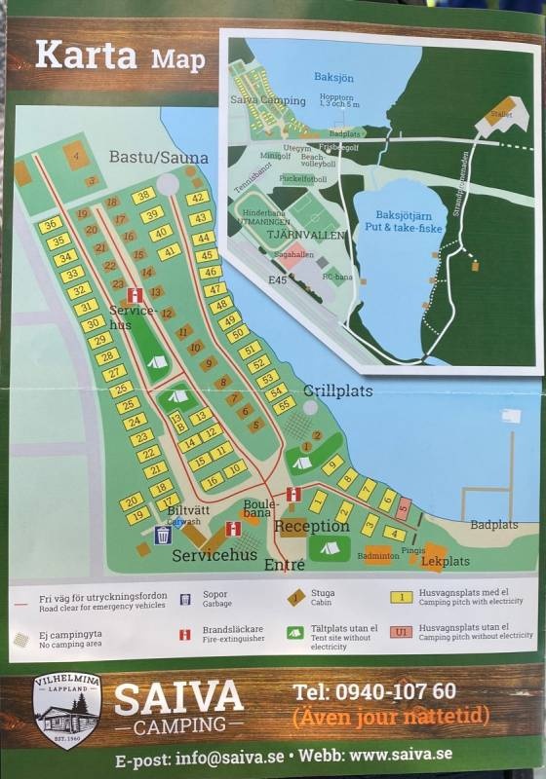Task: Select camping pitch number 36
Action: (51, 224)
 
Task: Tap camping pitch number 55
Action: (284, 404)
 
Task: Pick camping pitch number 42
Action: (198, 199)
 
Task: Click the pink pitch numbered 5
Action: (404, 505)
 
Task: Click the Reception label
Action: (311, 527)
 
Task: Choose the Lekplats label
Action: (446, 562)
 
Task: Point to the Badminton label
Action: (378, 557)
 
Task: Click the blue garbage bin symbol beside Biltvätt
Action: (163, 535)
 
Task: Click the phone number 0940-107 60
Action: (373, 691)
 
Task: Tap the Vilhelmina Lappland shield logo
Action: (66, 709)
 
